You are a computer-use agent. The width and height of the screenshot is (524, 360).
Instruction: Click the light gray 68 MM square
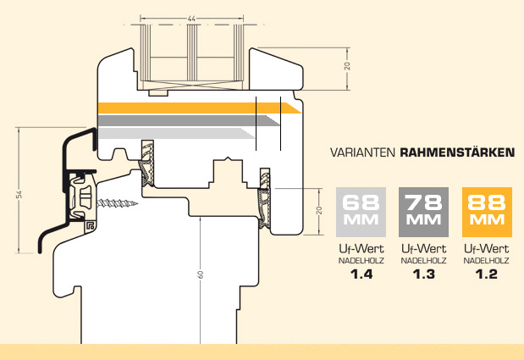[361, 212]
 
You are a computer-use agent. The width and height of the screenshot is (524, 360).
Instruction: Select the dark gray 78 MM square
[423, 212]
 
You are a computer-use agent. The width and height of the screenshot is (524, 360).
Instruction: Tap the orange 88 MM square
[487, 212]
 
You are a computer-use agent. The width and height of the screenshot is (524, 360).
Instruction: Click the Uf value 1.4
[361, 274]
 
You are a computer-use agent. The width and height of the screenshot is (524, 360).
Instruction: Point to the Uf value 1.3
[424, 274]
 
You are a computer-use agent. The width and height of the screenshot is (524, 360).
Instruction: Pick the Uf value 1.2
[487, 274]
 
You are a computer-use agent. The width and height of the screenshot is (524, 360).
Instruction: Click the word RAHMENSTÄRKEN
[457, 152]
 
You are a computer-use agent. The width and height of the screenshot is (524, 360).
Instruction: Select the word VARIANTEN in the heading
[362, 152]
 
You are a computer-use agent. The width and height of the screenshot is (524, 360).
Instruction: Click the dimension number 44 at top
[191, 19]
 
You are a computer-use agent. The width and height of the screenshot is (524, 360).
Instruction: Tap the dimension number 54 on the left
[19, 194]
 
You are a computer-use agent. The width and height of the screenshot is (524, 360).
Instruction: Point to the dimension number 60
[200, 274]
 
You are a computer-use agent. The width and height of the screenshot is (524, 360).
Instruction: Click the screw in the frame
[117, 203]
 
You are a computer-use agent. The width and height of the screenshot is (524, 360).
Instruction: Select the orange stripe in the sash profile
[200, 108]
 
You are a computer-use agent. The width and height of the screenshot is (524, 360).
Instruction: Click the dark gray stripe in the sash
[189, 120]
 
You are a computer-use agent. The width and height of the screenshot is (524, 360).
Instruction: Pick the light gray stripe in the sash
[176, 133]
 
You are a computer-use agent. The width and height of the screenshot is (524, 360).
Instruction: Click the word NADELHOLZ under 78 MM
[424, 260]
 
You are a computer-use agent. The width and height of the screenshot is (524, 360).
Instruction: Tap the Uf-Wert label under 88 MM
[487, 249]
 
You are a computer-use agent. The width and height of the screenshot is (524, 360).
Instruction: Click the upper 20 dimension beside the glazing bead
[348, 66]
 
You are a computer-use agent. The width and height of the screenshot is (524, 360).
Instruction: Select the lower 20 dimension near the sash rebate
[319, 210]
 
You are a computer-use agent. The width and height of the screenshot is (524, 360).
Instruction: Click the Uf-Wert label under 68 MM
[361, 249]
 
